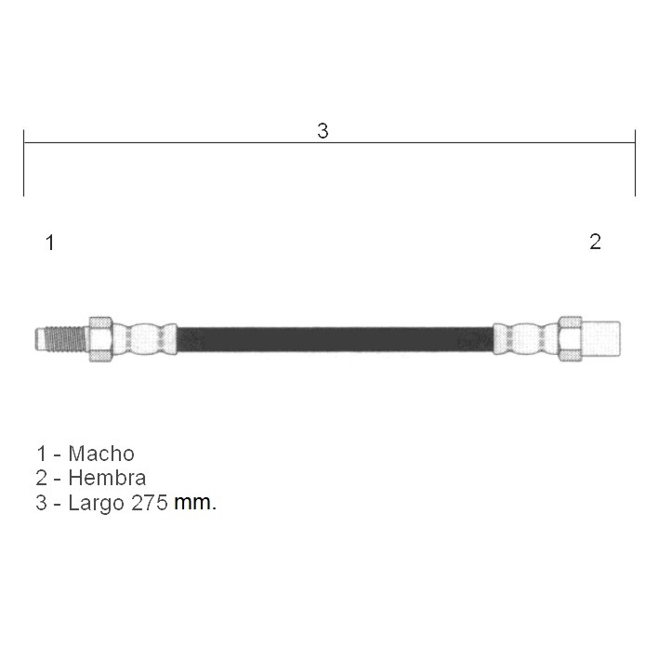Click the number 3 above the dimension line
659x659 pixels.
323,131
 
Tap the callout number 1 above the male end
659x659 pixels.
50,243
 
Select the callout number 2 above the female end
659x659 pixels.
595,242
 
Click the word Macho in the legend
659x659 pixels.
101,454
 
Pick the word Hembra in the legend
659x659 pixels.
107,478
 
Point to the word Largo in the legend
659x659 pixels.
97,503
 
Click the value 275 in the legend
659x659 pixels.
150,503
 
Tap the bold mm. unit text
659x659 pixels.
195,503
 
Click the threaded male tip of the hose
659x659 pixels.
61,338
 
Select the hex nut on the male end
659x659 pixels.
100,338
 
